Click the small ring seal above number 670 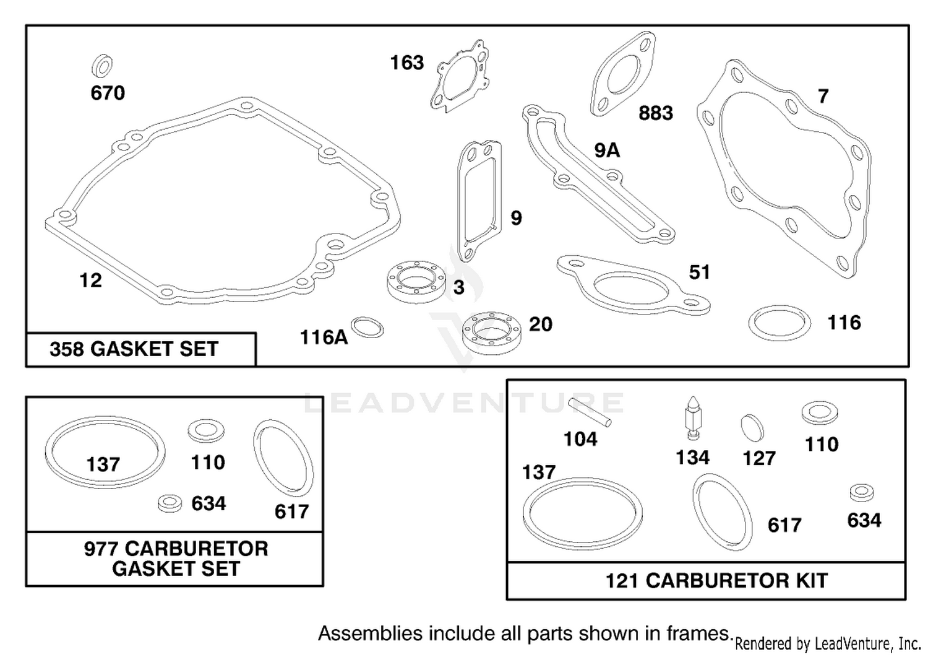point(102,66)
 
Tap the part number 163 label point(407,63)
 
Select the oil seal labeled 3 point(416,282)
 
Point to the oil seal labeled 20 point(492,333)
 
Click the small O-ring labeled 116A point(367,327)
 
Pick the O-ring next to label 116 point(780,323)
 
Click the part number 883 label point(656,113)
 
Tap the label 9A point(607,150)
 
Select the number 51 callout point(699,272)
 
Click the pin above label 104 point(590,412)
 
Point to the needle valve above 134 point(692,418)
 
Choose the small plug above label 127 point(752,427)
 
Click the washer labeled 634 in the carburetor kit point(862,492)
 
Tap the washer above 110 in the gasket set point(206,431)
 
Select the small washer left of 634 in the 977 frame point(170,503)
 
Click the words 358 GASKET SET point(134,349)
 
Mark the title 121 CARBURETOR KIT point(716,581)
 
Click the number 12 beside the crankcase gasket point(90,281)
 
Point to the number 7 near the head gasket point(823,96)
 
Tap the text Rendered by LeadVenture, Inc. point(828,644)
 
